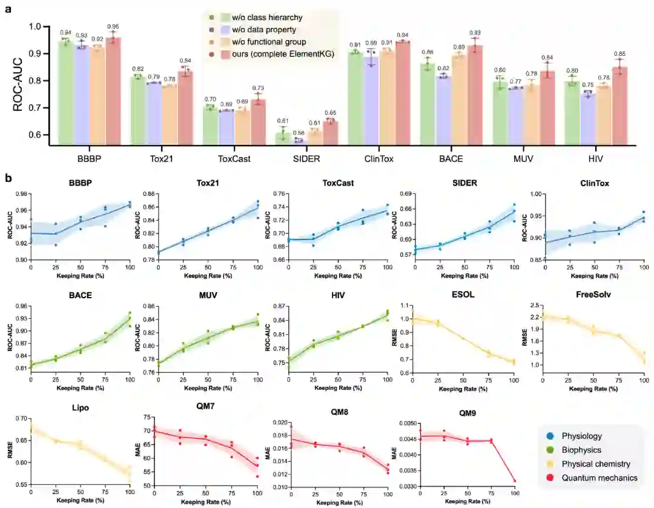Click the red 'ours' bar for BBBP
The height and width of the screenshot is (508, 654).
[x=113, y=91]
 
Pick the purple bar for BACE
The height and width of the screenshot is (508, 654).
[x=444, y=110]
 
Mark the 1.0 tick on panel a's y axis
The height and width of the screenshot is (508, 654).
[x=42, y=27]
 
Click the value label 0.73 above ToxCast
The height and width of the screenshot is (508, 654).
[x=259, y=89]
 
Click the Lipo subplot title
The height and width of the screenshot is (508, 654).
[x=80, y=408]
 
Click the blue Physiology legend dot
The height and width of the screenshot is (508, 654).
[x=547, y=436]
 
